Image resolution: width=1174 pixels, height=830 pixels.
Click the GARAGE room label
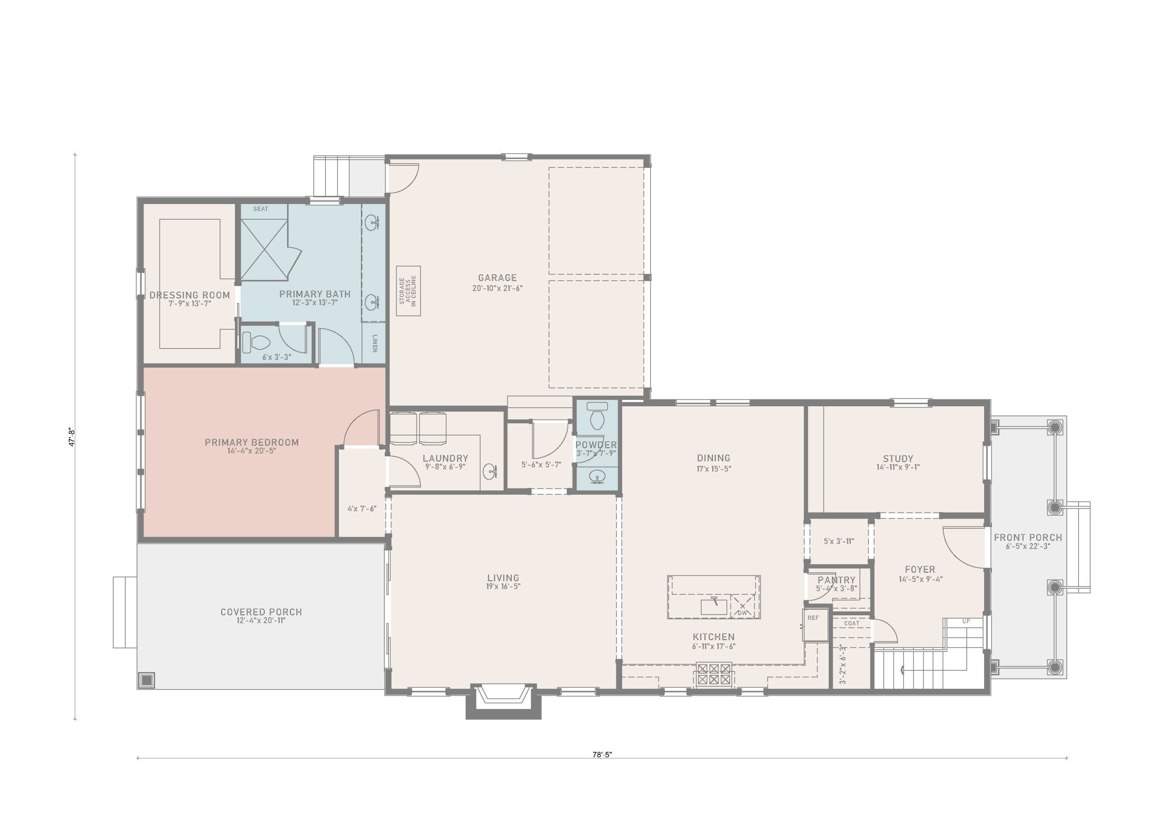[497, 278]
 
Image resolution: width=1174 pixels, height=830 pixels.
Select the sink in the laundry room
[490, 470]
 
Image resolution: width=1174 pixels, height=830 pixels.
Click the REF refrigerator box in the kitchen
[815, 625]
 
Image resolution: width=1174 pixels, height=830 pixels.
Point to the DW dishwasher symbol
[742, 607]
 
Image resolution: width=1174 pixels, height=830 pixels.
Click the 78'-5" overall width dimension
[602, 754]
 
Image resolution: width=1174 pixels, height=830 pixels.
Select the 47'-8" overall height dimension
[72, 438]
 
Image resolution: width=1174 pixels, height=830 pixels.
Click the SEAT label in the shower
[261, 209]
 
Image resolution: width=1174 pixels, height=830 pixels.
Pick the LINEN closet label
[375, 343]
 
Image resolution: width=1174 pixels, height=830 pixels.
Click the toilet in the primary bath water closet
[255, 342]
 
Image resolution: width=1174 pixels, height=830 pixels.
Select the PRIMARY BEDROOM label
[252, 443]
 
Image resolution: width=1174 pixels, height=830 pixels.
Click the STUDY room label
[898, 459]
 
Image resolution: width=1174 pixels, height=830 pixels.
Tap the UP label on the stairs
[966, 621]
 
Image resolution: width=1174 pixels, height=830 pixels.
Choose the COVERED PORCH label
[261, 612]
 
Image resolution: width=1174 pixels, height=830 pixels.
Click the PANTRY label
[836, 580]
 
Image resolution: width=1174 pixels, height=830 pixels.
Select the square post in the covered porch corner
[147, 680]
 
